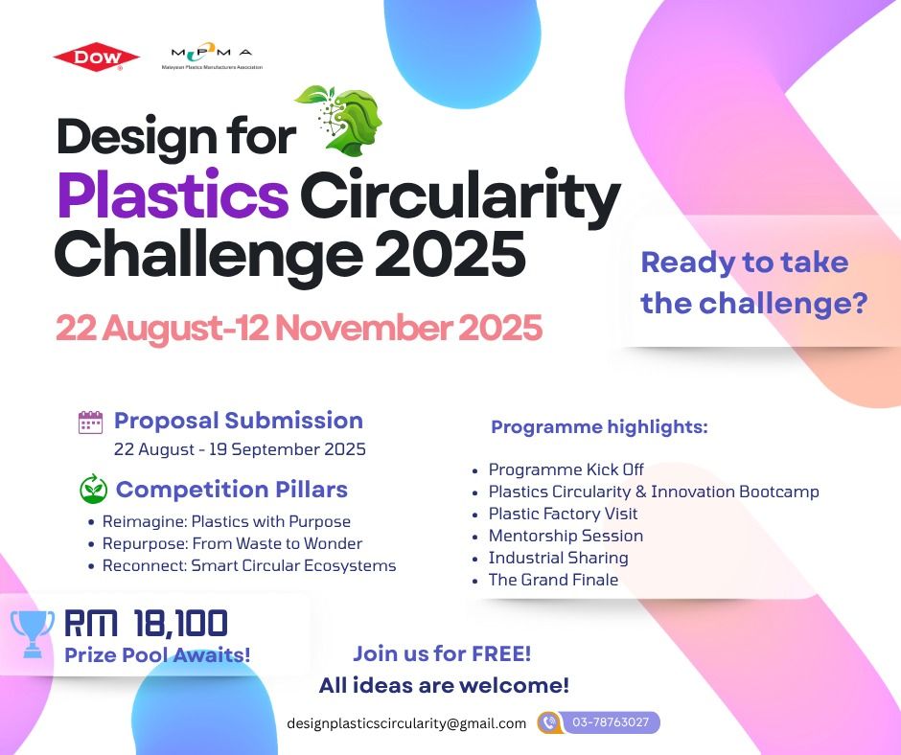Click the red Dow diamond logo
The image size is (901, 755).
(x=97, y=57)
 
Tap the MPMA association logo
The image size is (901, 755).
(x=212, y=57)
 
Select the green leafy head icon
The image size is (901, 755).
(x=339, y=121)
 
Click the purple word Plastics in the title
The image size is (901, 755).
(x=173, y=194)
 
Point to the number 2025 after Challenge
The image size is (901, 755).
(x=450, y=254)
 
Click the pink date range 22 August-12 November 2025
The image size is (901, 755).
(x=299, y=328)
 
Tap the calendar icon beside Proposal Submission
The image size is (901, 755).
(x=90, y=423)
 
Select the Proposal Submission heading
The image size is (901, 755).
(x=239, y=421)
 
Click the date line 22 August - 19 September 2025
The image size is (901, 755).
(x=240, y=449)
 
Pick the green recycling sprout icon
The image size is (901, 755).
(x=93, y=489)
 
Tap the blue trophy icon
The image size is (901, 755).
(x=33, y=633)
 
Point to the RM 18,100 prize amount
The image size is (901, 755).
(x=146, y=624)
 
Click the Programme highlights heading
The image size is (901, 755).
(x=599, y=427)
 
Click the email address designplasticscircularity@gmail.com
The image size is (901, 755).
(x=406, y=723)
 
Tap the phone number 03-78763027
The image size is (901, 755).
(x=611, y=722)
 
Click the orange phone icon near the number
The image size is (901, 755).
(x=549, y=722)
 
